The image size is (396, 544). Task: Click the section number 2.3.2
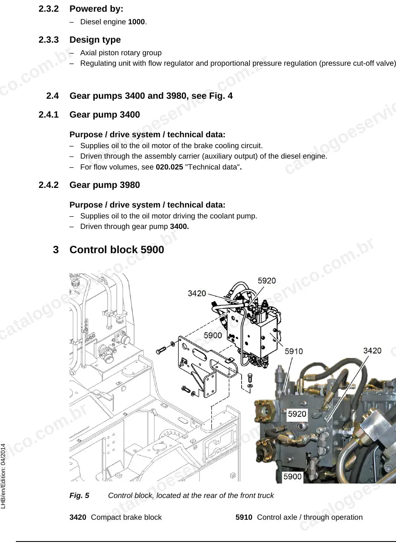click(49, 9)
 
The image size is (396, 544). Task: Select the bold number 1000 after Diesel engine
click(136, 22)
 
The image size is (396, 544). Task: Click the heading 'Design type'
click(95, 40)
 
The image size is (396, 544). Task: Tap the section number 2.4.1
click(49, 115)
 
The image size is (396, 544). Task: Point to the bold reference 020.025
click(170, 167)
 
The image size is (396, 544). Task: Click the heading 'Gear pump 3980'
click(105, 185)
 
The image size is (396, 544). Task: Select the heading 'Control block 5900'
click(117, 250)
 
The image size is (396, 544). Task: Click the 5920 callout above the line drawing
click(267, 281)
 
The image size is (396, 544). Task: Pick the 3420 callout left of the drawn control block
click(197, 293)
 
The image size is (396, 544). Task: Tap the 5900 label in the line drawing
click(213, 335)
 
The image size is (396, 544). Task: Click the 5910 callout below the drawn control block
click(294, 352)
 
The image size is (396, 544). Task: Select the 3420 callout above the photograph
click(372, 351)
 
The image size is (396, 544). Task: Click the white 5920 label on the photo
click(297, 413)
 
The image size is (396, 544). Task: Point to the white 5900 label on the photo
click(293, 476)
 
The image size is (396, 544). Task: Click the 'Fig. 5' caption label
click(79, 495)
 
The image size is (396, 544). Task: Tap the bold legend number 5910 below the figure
click(244, 517)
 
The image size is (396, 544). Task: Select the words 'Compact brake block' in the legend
click(126, 517)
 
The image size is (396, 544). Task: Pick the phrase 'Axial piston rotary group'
click(121, 53)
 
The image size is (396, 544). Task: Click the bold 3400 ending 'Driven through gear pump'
click(179, 226)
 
